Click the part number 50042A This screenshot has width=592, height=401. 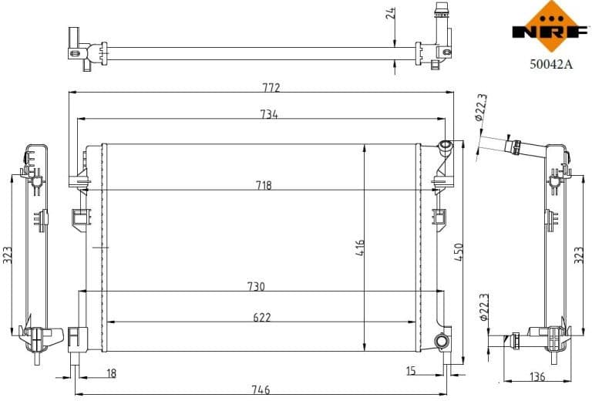pyautogui.click(x=550, y=66)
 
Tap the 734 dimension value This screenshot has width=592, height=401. pyautogui.click(x=268, y=114)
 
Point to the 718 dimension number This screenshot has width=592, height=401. pyautogui.click(x=264, y=185)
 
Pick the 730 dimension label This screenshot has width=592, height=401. pyautogui.click(x=256, y=286)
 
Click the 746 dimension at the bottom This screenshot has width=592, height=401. pyautogui.click(x=261, y=390)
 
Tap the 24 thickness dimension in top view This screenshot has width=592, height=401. pyautogui.click(x=391, y=12)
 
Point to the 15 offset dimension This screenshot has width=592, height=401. pyautogui.click(x=410, y=372)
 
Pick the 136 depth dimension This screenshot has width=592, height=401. pyautogui.click(x=537, y=376)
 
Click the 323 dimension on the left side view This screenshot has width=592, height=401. pyautogui.click(x=8, y=255)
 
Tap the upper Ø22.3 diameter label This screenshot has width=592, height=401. pyautogui.click(x=480, y=108)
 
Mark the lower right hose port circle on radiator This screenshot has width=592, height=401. pyautogui.click(x=441, y=342)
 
